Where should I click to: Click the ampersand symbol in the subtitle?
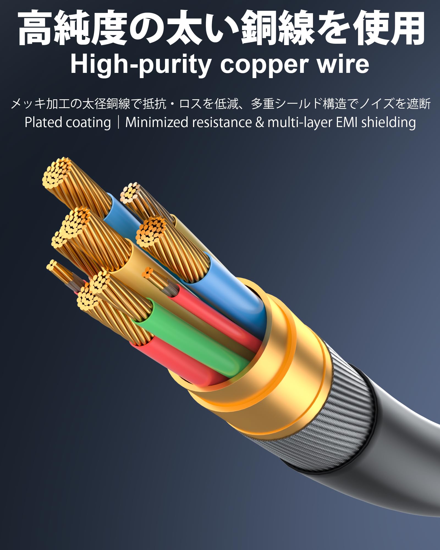pyautogui.click(x=259, y=122)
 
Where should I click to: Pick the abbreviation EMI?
pyautogui.click(x=347, y=122)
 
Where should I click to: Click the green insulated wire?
pyautogui.click(x=193, y=341)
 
